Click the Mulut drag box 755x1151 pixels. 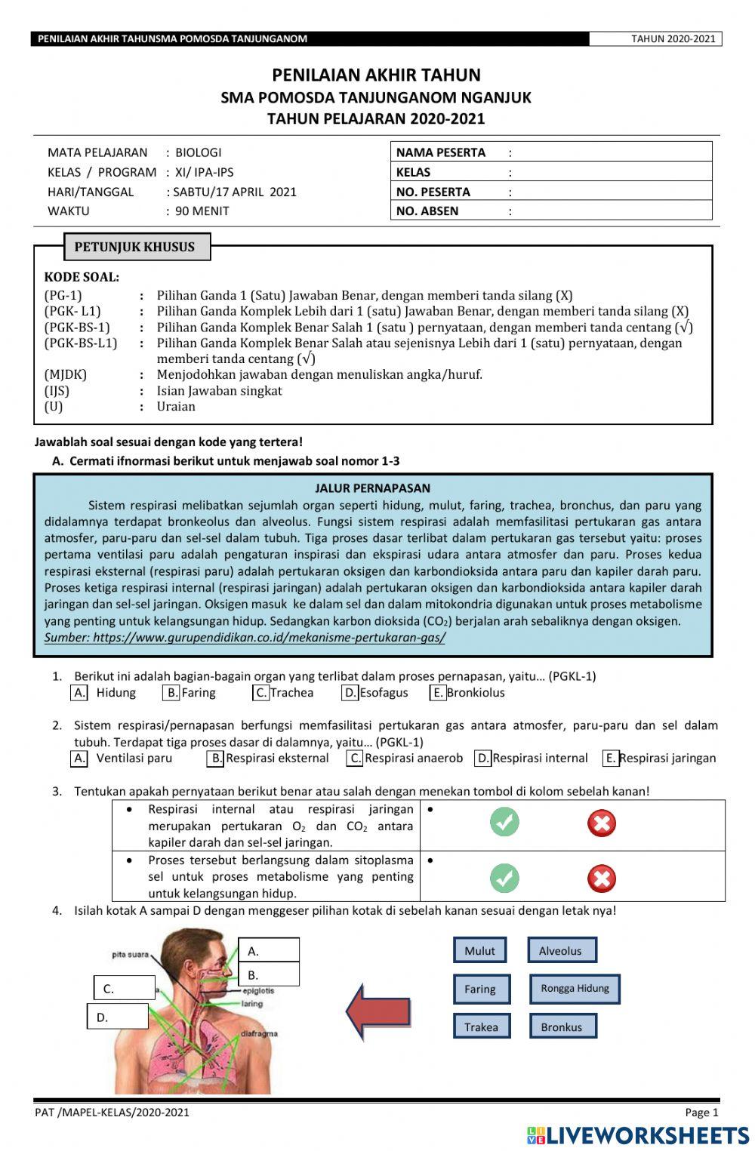click(479, 950)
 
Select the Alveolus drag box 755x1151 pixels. click(561, 950)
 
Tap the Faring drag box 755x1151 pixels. click(481, 989)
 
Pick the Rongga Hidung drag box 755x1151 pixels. click(575, 988)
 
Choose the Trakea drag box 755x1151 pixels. click(481, 1026)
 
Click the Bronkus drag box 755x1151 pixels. click(561, 1026)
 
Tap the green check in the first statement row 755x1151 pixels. click(504, 822)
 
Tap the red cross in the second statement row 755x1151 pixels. click(601, 879)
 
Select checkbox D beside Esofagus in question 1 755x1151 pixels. click(350, 693)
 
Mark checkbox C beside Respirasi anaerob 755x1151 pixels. click(355, 759)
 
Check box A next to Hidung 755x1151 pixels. click(79, 693)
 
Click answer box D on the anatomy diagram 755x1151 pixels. click(118, 1017)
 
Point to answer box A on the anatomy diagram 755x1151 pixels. click(269, 950)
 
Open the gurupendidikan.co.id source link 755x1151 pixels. click(245, 638)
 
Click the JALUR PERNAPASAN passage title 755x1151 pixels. click(372, 488)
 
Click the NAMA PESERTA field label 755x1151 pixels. click(441, 152)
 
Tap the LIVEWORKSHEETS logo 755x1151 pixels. click(638, 1135)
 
